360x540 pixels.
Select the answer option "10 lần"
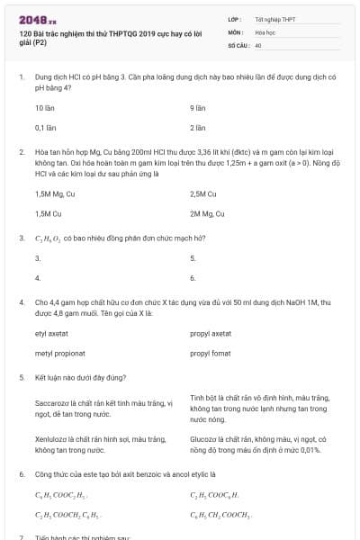(45, 107)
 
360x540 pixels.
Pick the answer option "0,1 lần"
(45, 128)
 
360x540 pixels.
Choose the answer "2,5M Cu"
(203, 193)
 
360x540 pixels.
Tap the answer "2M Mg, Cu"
(207, 214)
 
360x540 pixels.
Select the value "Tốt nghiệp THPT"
(274, 19)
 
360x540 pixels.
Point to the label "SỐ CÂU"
(239, 43)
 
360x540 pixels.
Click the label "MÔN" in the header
(236, 31)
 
